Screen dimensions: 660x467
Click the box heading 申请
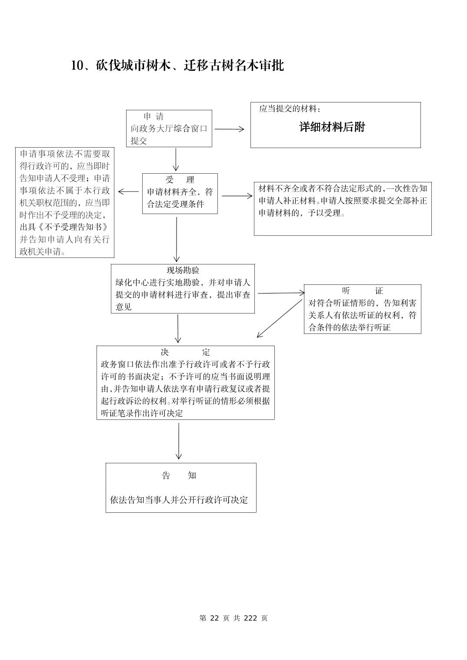153,116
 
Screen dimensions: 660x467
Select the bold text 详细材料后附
332,127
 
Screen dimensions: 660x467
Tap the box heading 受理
180,180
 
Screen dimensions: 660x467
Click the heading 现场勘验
183,270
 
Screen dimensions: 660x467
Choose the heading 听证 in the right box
362,290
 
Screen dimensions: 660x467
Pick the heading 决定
185,352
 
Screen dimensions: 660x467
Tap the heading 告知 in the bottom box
179,475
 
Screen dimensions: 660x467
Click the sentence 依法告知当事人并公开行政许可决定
179,500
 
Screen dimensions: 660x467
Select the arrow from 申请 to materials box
229,129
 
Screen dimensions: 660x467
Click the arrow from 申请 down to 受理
176,160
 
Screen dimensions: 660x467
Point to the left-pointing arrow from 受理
128,191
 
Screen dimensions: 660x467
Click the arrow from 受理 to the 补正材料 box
237,196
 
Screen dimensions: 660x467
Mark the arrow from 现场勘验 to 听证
281,293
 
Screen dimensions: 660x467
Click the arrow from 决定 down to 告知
179,441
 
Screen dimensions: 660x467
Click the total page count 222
251,618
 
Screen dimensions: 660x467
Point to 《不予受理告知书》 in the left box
64,227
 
